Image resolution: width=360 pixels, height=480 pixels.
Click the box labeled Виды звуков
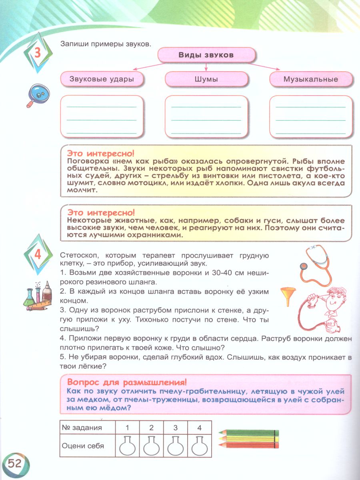tap(206, 56)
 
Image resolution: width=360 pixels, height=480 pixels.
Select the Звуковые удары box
tap(102, 79)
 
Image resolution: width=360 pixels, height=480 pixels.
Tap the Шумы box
tap(206, 79)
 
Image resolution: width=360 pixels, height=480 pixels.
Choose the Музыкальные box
tap(311, 79)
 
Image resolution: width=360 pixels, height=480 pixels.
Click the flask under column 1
tap(127, 445)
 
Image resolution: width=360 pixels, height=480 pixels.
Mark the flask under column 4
tap(199, 445)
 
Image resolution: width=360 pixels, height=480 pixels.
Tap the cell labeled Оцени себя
tap(83, 446)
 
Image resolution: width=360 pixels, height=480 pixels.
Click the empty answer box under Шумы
tap(206, 116)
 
